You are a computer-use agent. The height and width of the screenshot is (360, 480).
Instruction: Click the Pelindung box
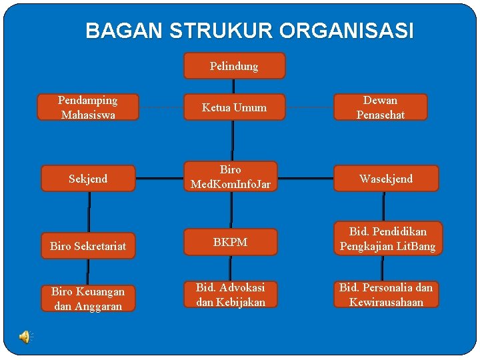(234, 66)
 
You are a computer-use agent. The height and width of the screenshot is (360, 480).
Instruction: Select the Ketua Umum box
(234, 107)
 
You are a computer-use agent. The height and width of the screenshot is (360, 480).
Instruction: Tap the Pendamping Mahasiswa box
(88, 107)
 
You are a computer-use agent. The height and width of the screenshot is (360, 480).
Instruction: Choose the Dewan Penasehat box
(380, 107)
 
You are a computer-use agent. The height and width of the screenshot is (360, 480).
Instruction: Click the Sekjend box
(88, 179)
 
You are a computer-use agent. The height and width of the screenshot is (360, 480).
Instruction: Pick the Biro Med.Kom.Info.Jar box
(231, 177)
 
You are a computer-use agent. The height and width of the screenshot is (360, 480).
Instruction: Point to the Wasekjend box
(386, 179)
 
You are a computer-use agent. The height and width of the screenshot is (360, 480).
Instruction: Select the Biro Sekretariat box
(88, 246)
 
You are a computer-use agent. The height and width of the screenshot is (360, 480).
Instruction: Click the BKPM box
(231, 242)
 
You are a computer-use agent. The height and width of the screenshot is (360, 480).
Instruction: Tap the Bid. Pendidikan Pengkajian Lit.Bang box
(387, 239)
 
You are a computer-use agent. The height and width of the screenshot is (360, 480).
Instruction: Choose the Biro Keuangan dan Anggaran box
(87, 299)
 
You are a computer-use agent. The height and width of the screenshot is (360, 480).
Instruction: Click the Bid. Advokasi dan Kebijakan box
(231, 295)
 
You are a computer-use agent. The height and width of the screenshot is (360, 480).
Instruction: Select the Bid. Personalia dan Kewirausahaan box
(386, 295)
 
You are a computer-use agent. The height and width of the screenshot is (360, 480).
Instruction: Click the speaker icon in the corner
(25, 337)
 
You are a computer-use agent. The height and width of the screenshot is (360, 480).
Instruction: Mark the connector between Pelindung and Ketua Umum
(233, 87)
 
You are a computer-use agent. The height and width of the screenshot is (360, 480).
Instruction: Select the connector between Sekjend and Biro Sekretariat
(89, 211)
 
